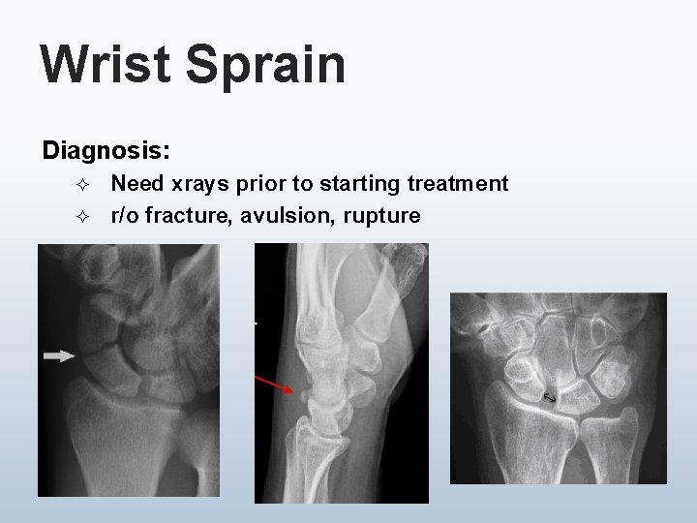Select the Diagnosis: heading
click(x=106, y=151)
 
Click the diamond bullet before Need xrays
click(x=81, y=183)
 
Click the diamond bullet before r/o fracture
click(x=81, y=216)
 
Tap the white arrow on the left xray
click(x=59, y=356)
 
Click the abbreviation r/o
click(x=123, y=216)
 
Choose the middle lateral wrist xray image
click(x=341, y=373)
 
